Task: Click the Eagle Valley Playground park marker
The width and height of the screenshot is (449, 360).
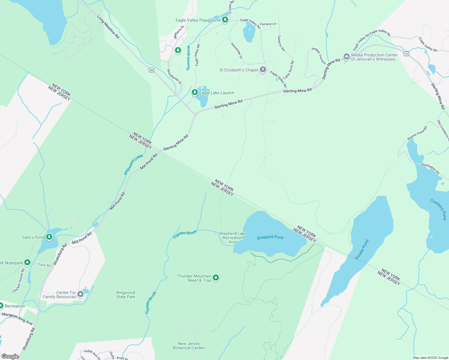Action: point(225,20)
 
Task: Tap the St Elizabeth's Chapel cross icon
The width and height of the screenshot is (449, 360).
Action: point(263,70)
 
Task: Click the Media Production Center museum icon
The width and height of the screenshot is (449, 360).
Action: point(346,57)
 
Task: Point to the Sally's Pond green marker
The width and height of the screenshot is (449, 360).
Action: point(49,237)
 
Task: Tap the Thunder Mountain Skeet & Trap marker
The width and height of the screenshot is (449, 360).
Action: point(216,278)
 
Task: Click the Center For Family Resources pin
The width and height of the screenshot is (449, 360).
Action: point(80,294)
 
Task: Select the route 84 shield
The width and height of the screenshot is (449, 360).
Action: point(151,70)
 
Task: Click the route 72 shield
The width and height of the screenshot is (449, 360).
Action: point(406,54)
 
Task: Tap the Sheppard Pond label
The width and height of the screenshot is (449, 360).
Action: point(270,237)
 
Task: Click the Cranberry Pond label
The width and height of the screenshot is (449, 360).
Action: point(438,209)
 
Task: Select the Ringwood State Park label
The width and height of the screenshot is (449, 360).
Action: point(126,295)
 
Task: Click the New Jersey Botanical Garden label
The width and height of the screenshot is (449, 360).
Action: point(189,346)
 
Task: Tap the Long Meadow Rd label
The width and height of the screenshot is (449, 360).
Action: point(108,27)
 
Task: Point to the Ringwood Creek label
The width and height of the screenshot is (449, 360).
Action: point(134,164)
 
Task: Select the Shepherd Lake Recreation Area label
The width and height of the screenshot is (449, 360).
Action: point(233,238)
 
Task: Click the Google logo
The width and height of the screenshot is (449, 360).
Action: point(10,356)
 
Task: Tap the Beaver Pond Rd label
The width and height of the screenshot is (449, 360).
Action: point(417,133)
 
